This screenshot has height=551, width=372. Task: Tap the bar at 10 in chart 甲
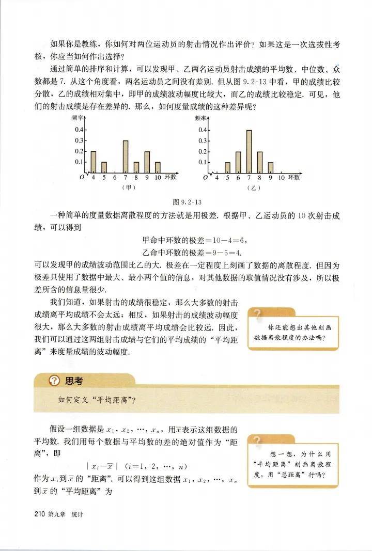coord(158,167)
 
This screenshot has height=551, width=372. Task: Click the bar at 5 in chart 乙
coord(227,167)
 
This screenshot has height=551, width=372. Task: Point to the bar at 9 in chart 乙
coord(271,167)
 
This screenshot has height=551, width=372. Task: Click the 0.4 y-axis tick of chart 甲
coord(80,130)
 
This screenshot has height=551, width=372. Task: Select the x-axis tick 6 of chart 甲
coord(115,177)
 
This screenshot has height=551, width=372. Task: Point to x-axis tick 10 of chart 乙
coord(282,177)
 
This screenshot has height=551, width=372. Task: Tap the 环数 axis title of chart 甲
coord(171,177)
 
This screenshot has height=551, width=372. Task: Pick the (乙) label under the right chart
coord(253,187)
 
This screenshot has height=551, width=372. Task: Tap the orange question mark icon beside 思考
coord(52,381)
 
